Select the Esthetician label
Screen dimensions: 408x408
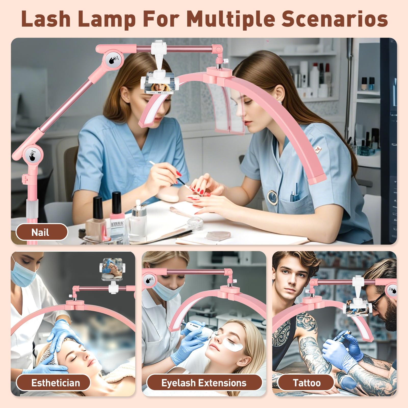[55, 383]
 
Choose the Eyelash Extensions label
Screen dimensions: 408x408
[204, 383]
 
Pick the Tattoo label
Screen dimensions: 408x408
[307, 383]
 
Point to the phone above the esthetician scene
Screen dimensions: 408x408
[112, 269]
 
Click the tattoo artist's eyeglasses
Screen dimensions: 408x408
[377, 302]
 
